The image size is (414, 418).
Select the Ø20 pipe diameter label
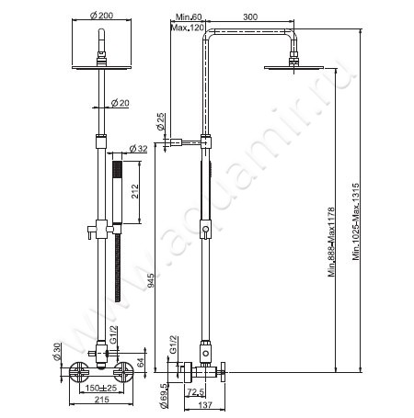(x=120, y=103)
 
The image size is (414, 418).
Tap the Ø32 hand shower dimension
(x=139, y=148)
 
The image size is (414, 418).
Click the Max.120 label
(x=190, y=28)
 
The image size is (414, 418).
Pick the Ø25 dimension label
(x=161, y=120)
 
